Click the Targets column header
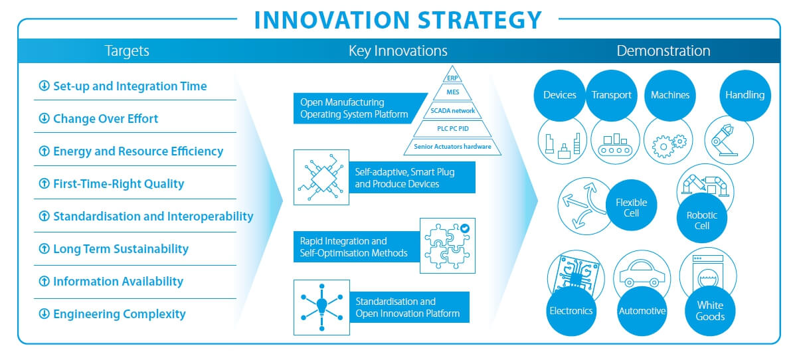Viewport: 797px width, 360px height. coord(127,51)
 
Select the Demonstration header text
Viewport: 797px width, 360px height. coord(664,51)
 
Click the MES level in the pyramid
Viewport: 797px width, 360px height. coord(452,92)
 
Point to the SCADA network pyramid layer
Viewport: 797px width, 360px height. coord(452,111)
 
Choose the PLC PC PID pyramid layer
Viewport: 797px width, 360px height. coord(452,129)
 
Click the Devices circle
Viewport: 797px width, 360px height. coord(559,95)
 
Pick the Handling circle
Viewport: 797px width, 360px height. coord(745,95)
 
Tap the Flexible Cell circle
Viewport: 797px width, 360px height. coord(631,205)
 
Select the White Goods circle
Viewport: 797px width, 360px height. coord(710,311)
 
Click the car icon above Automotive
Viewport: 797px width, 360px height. coord(642,274)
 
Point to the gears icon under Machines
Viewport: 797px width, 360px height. coord(669,145)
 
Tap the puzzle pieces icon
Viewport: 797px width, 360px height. coord(448,246)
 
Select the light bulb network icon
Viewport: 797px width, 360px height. coord(321,308)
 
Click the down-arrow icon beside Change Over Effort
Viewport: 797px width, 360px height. coord(44,118)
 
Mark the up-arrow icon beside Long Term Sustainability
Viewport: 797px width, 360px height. coord(44,248)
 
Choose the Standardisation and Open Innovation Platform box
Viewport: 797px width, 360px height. coord(410,308)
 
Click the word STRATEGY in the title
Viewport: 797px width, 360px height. coord(480,20)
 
